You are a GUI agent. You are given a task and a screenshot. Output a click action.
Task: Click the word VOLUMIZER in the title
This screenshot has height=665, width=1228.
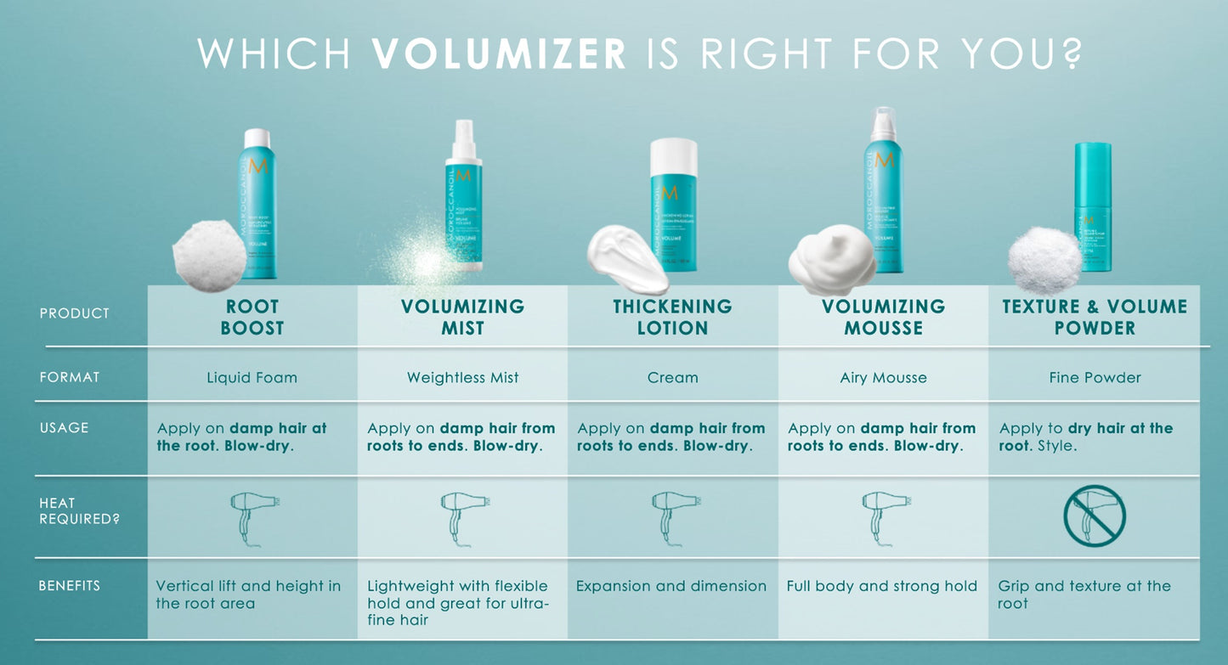(x=499, y=53)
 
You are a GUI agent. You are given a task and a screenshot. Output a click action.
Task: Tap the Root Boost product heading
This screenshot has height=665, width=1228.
(x=252, y=317)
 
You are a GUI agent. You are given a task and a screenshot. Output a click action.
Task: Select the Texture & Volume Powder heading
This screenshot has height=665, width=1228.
(x=1095, y=317)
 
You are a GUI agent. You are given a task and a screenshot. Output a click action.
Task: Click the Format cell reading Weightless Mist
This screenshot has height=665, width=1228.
(x=462, y=377)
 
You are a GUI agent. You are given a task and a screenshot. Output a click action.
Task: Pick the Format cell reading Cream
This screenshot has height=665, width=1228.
(x=672, y=377)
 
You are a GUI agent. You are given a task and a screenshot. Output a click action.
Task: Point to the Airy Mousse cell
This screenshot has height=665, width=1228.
(x=883, y=377)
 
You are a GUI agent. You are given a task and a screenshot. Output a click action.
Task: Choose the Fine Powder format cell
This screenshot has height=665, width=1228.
(x=1095, y=377)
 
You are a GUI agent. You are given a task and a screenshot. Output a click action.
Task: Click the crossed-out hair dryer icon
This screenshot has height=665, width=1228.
(x=1095, y=516)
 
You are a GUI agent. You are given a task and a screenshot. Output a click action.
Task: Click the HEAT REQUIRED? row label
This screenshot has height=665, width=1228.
(x=79, y=510)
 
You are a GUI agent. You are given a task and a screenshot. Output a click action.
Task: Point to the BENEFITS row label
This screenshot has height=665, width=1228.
(x=69, y=585)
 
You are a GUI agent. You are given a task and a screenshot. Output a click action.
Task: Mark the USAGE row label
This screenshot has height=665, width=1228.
(x=64, y=427)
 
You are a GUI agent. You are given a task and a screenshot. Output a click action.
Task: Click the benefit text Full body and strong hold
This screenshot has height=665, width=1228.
(x=881, y=586)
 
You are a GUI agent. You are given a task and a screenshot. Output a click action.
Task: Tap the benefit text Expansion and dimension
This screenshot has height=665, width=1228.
(x=671, y=586)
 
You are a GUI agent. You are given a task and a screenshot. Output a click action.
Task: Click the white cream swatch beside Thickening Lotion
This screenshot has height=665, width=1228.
(x=626, y=257)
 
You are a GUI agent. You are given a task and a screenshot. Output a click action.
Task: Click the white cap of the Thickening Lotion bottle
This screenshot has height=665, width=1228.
(x=673, y=158)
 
